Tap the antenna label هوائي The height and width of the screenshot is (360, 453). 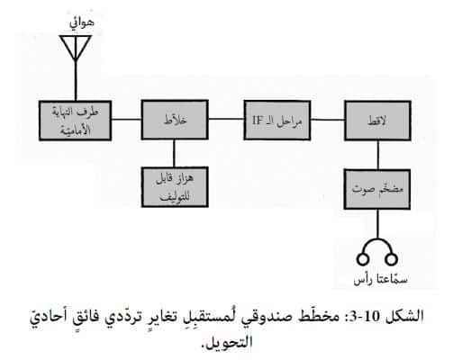tap(82, 23)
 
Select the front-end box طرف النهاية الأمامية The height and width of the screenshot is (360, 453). tap(76, 121)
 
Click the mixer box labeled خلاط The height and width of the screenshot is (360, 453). tap(175, 120)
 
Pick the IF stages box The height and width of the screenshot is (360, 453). tap(277, 121)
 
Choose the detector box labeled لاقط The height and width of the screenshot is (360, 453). tap(377, 121)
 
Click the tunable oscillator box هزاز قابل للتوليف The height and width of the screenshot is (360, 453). tap(175, 187)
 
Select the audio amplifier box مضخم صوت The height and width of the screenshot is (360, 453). tap(377, 189)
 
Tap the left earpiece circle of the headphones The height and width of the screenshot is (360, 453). tap(363, 259)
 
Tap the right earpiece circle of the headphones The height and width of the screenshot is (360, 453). tap(391, 259)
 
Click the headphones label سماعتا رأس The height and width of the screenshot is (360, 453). tap(380, 279)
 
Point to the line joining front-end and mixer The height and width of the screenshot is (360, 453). tap(126, 120)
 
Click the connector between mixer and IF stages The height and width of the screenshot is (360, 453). tap(226, 119)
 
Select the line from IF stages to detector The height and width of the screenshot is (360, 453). tap(328, 120)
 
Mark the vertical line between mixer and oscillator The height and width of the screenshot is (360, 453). tap(174, 154)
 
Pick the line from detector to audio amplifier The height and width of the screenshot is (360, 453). tap(378, 155)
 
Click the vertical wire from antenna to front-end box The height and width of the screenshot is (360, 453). tap(76, 81)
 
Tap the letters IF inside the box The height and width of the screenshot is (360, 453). tap(258, 121)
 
